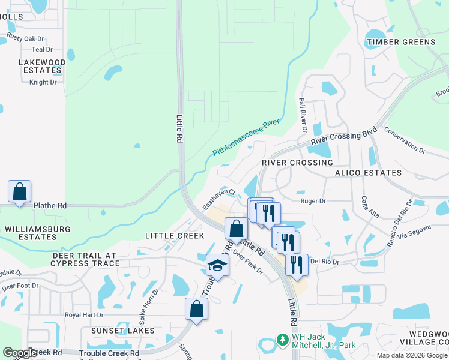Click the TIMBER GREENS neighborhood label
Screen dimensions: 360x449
pos(401,42)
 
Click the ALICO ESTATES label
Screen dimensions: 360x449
pos(369,173)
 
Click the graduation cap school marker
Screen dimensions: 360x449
pos(217,265)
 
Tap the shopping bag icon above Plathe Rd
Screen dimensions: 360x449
pos(19,192)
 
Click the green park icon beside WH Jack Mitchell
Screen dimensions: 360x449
pos(283,340)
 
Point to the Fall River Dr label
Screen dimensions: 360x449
pos(303,116)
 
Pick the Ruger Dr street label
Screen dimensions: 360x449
pos(313,202)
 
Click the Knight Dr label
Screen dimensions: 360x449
pos(43,82)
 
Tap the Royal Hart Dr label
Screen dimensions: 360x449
pos(84,314)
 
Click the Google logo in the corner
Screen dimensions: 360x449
pos(20,353)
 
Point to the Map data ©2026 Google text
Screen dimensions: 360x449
pos(412,355)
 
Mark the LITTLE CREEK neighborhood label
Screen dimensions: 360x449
pos(175,236)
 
